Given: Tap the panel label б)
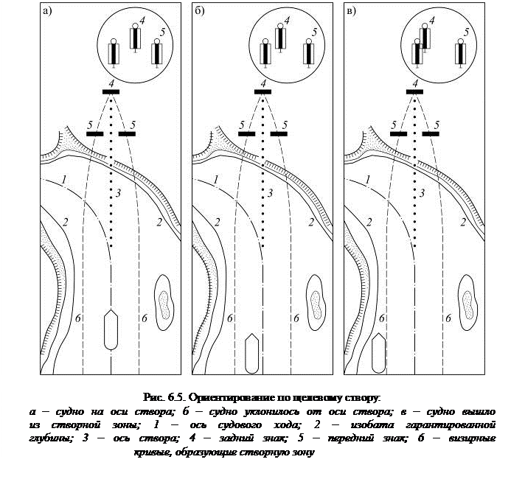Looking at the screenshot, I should tap(200, 10).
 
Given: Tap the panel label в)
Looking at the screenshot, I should tap(352, 10).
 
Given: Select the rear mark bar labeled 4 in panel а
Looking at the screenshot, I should tap(111, 91).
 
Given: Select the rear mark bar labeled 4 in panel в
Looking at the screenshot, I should tap(414, 91).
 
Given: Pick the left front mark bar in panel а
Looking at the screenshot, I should tap(94, 134).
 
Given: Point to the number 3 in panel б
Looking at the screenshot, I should tap(270, 193).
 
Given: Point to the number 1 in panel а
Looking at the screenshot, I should tap(65, 179).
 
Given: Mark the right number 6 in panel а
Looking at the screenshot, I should tap(144, 318).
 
